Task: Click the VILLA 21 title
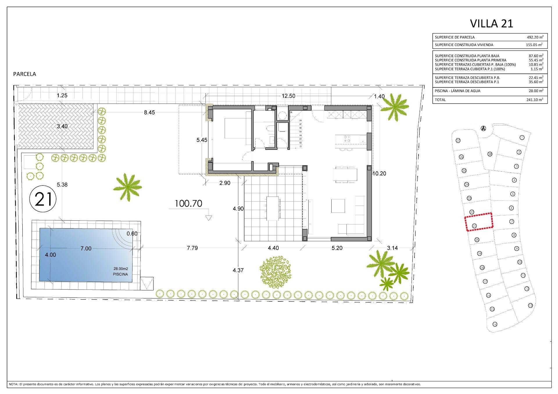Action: pyautogui.click(x=491, y=24)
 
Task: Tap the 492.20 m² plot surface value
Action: pyautogui.click(x=535, y=37)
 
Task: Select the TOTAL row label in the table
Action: pyautogui.click(x=440, y=100)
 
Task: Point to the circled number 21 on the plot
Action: pyautogui.click(x=43, y=199)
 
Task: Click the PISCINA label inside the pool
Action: pyautogui.click(x=120, y=274)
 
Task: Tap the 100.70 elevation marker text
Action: pyautogui.click(x=188, y=204)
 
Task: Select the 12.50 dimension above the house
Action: pyautogui.click(x=288, y=96)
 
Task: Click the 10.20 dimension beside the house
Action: pyautogui.click(x=379, y=174)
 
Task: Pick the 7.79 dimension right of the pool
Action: pyautogui.click(x=192, y=248)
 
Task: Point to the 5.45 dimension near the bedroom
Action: pyautogui.click(x=202, y=140)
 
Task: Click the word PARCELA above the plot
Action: pyautogui.click(x=25, y=74)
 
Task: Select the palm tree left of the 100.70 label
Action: pyautogui.click(x=127, y=186)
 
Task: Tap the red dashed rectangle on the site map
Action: pyautogui.click(x=478, y=222)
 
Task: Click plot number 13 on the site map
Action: pyautogui.click(x=530, y=305)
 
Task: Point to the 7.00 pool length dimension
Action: pyautogui.click(x=86, y=249)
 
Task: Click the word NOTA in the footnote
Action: pyautogui.click(x=13, y=384)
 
